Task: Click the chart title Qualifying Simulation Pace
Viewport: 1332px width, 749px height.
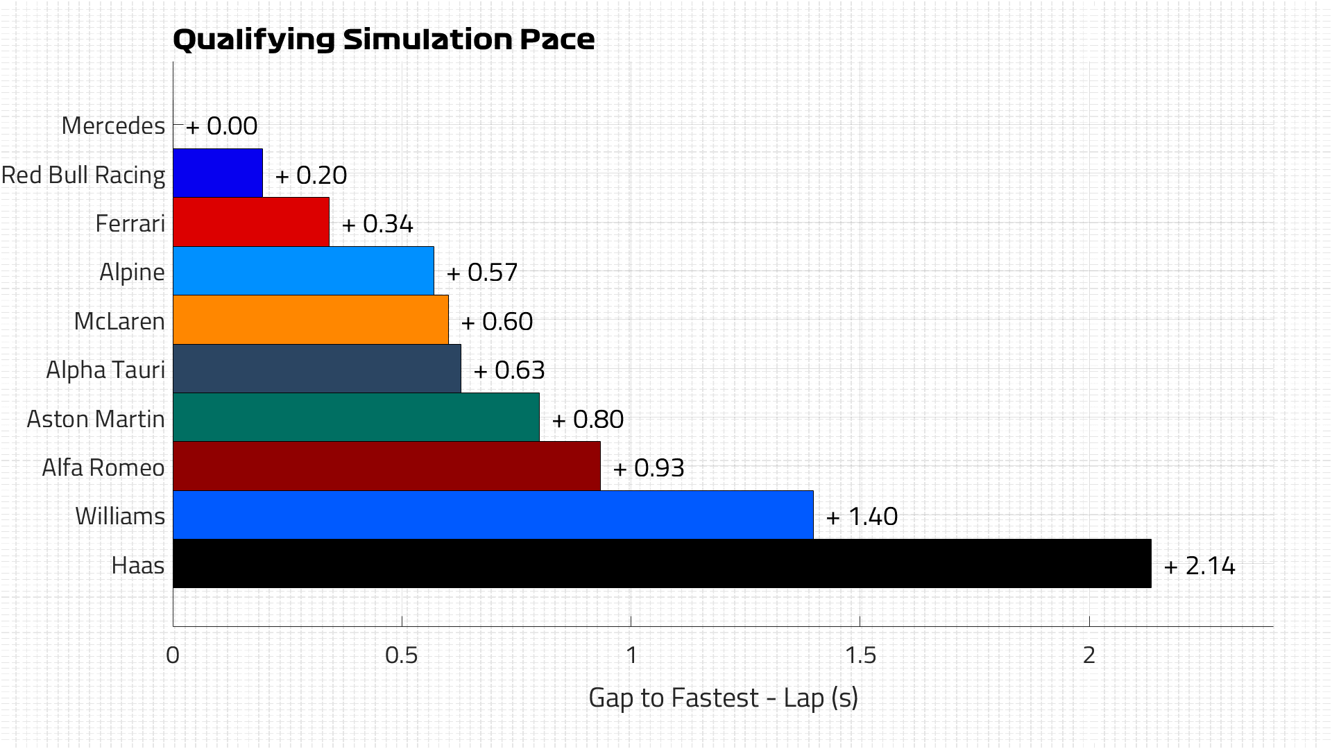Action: [383, 40]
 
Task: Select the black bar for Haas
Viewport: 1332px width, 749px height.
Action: [662, 564]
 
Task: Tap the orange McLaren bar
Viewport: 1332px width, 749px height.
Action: [310, 320]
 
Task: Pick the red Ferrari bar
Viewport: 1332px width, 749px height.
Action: [250, 222]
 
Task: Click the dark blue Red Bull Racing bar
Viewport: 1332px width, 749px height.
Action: [217, 173]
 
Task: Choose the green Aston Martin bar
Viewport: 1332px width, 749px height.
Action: [356, 417]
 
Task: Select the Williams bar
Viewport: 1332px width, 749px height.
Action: [493, 515]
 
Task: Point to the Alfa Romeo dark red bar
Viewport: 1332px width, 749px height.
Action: [386, 466]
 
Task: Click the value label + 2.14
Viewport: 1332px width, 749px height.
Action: [1199, 566]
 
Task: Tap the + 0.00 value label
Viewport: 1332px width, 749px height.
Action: [221, 126]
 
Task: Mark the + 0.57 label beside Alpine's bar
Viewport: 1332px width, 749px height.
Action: [482, 273]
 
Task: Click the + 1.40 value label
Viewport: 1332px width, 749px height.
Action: [862, 517]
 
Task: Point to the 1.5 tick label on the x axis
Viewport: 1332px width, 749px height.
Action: [860, 655]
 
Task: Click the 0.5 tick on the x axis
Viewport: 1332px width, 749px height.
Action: [402, 655]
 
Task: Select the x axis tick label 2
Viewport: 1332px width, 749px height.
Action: [1088, 655]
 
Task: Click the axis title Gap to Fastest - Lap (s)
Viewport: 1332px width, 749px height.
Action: [723, 698]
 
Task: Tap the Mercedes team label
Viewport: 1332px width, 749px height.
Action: [113, 126]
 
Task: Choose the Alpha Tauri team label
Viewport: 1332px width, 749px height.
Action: [105, 370]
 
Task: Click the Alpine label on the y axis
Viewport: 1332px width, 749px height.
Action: [132, 272]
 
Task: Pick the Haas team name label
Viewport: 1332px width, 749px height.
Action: [137, 565]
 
